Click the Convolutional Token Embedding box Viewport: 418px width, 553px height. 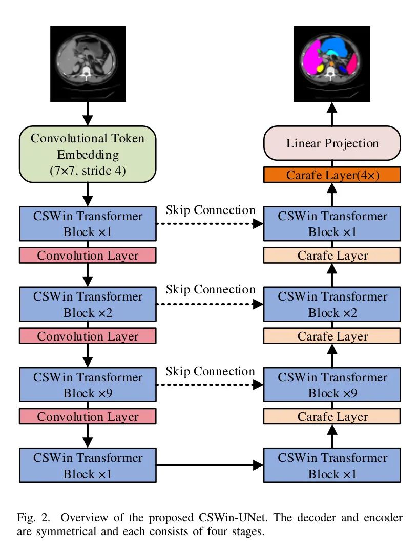[87, 154]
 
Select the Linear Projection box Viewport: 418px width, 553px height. [332, 143]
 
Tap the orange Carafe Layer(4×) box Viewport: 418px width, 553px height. [332, 175]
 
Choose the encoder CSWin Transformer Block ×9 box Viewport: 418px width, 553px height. [87, 385]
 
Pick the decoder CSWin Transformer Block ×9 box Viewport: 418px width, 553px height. [332, 385]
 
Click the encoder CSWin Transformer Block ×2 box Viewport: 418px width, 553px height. [87, 304]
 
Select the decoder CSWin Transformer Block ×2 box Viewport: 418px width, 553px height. [332, 304]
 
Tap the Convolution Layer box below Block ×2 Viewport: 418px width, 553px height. [87, 336]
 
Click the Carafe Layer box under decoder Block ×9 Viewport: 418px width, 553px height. [332, 416]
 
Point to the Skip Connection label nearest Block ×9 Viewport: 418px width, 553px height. [210, 371]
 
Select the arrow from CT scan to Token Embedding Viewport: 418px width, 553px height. [88, 113]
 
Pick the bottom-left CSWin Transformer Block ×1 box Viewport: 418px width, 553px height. [87, 465]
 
